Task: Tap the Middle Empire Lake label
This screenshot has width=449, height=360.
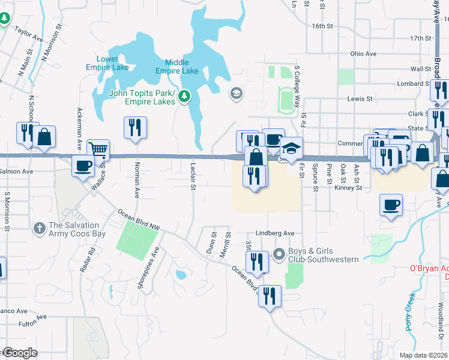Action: click(176, 67)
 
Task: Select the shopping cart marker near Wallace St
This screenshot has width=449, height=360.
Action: click(98, 149)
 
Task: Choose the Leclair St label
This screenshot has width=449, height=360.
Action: click(193, 179)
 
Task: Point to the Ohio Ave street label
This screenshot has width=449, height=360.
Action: click(363, 53)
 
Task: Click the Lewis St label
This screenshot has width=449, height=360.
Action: click(360, 98)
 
